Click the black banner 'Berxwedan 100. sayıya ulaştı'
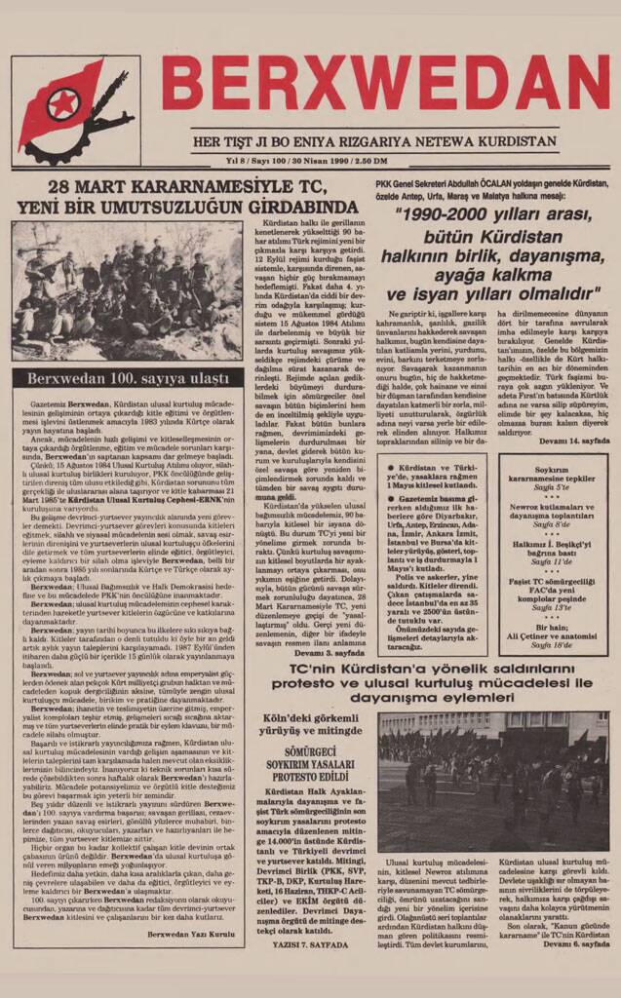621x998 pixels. click(128, 378)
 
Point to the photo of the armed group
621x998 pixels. click(128, 290)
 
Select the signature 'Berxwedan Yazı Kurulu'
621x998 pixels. click(190, 934)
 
